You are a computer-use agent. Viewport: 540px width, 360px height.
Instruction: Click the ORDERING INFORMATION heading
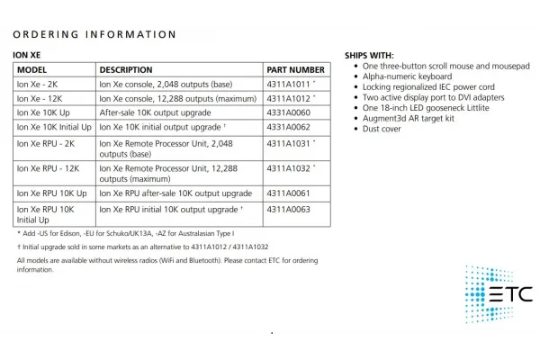point(95,35)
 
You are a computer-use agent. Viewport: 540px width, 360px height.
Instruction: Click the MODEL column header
point(32,69)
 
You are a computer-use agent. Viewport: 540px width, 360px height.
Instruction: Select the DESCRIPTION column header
point(126,69)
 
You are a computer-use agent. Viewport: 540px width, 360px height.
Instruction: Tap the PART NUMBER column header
point(295,69)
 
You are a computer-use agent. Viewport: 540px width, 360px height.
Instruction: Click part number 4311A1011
point(287,84)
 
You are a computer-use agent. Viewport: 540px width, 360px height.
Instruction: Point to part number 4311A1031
point(287,143)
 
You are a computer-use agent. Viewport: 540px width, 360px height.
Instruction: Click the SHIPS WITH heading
point(369,56)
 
